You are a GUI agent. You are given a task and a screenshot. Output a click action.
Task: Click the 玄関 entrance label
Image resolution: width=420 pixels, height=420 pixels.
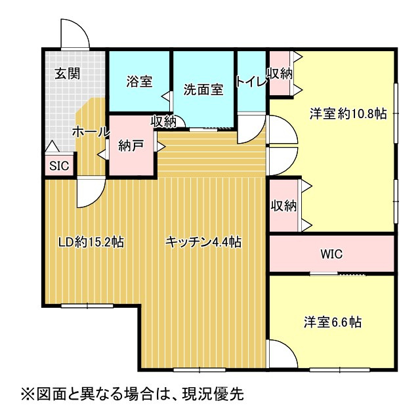[x=68, y=73]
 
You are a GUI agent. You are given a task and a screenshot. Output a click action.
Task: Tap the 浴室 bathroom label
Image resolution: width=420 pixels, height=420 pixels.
[x=139, y=82]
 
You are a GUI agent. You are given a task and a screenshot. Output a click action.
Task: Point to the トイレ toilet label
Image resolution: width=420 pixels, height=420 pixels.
[x=251, y=82]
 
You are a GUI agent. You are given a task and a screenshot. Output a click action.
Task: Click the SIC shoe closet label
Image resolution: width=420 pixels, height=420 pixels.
[x=59, y=165]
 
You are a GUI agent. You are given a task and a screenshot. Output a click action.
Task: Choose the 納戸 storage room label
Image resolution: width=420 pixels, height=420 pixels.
[x=131, y=146]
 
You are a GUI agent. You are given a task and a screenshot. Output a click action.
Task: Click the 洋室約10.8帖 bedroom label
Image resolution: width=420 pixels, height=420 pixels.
[x=348, y=113]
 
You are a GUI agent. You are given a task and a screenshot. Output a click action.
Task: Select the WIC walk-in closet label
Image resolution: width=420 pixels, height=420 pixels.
[x=331, y=254]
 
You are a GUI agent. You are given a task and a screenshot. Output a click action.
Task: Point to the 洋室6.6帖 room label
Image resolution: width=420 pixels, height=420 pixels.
[x=333, y=322]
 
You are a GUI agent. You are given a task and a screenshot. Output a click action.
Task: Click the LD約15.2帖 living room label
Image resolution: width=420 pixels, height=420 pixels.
[x=91, y=242]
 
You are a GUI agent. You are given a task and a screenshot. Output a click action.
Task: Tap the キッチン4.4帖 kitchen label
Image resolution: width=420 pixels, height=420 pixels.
[x=203, y=242]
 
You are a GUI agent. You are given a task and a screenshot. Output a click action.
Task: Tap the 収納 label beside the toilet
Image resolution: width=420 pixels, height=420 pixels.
[x=280, y=74]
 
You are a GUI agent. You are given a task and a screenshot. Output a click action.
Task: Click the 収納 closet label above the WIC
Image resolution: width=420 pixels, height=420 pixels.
[x=283, y=205]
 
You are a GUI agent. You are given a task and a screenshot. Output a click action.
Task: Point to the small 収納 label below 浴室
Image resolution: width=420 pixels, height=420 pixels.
[x=163, y=121]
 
